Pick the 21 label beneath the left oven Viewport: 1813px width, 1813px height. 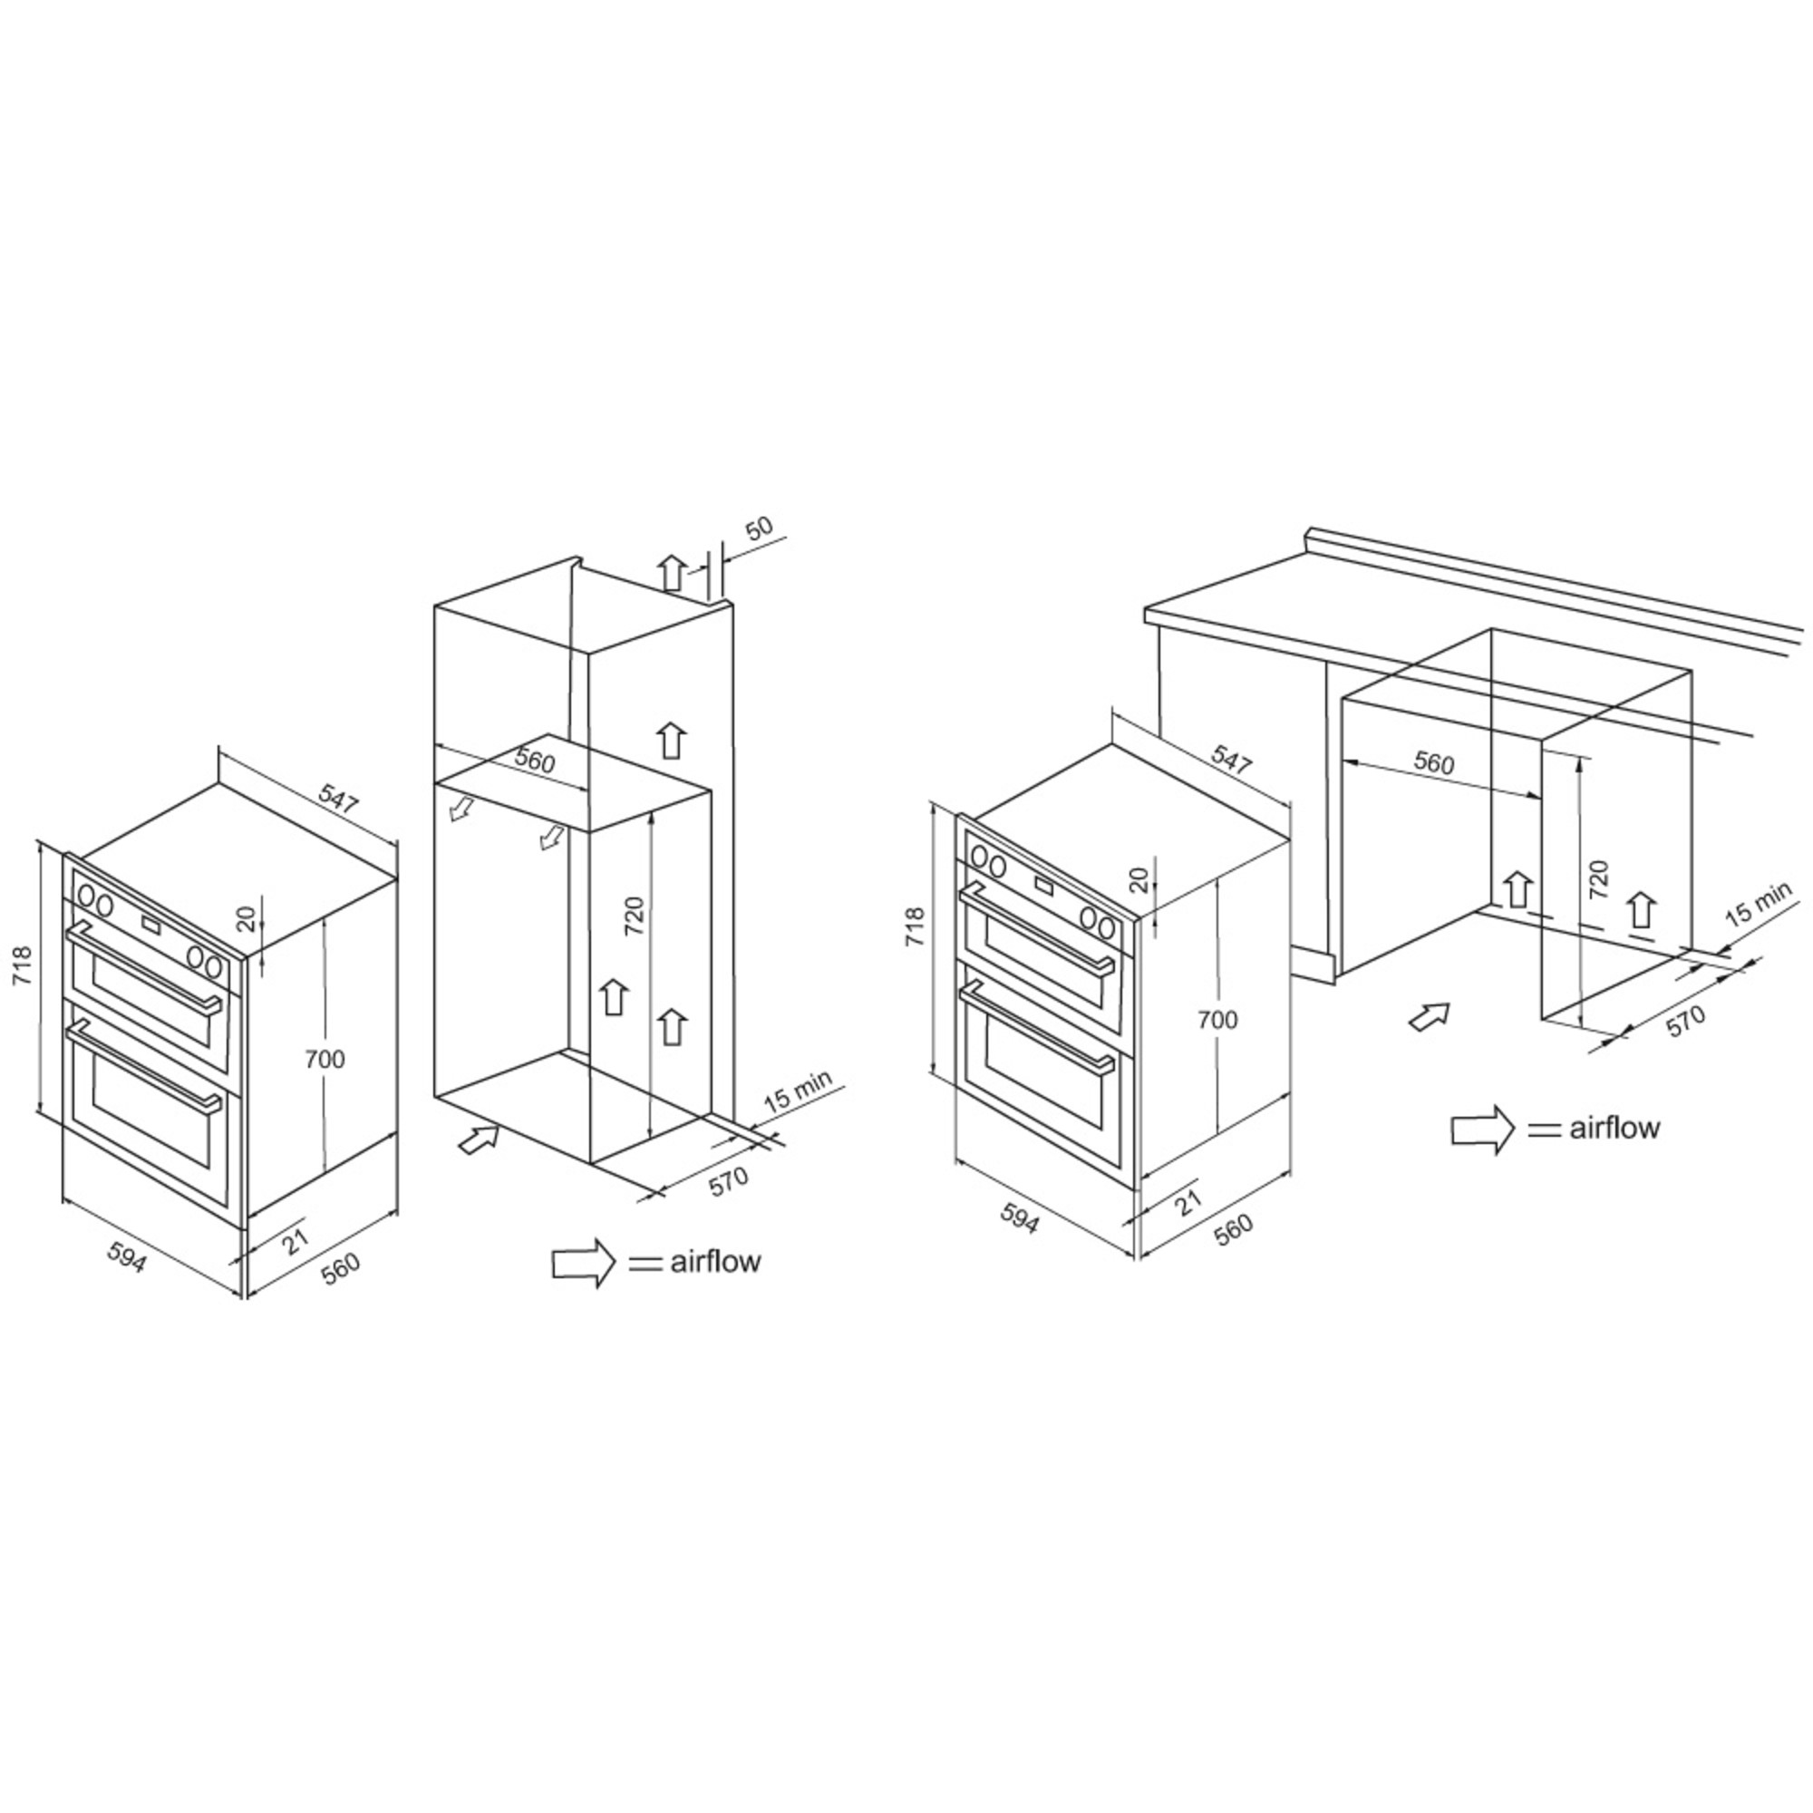(295, 1243)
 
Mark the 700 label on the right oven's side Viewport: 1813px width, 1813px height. (1217, 1019)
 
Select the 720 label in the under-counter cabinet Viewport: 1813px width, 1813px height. (1599, 879)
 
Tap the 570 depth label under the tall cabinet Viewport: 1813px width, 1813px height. (729, 1180)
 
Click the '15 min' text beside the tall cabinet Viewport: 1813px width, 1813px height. (798, 1091)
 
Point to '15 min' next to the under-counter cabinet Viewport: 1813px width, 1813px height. (1759, 904)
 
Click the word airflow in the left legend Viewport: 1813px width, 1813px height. (715, 1261)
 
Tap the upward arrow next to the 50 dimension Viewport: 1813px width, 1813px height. (672, 571)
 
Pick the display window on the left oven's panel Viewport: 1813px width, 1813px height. (150, 925)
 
